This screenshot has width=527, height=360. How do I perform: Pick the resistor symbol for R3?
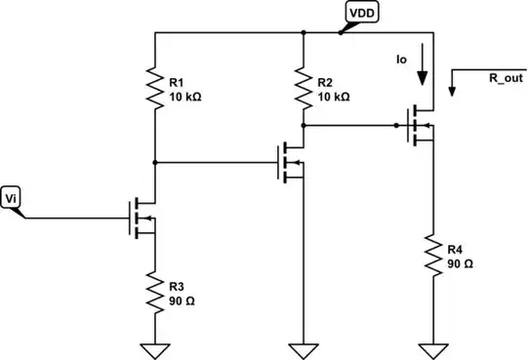click(x=155, y=290)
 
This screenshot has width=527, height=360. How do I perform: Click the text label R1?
click(x=177, y=83)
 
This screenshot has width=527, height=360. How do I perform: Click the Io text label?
click(x=400, y=60)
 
